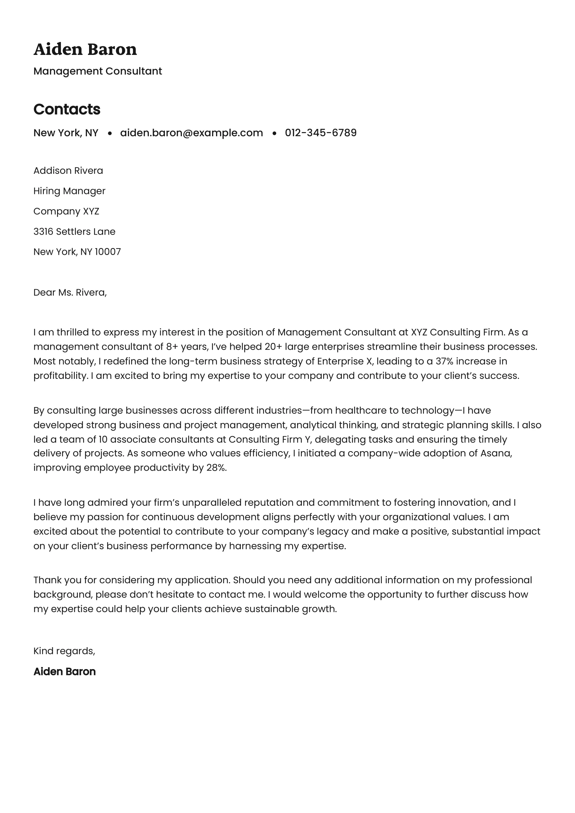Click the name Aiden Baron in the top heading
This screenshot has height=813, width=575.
click(85, 49)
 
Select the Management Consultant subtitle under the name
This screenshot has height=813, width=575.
click(97, 71)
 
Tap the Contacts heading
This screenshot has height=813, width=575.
click(66, 109)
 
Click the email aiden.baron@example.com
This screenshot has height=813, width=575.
click(191, 133)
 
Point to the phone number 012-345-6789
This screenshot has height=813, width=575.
click(320, 133)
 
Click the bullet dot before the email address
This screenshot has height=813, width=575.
click(110, 133)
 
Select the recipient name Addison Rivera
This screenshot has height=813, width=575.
click(68, 171)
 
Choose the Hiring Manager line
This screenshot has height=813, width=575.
click(69, 191)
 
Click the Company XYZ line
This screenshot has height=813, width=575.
click(66, 211)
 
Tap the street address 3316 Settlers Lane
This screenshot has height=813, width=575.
click(74, 231)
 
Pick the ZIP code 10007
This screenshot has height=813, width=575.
click(108, 252)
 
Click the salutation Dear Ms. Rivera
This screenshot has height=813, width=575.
click(70, 292)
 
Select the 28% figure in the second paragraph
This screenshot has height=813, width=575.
click(216, 468)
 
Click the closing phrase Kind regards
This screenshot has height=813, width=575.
click(64, 651)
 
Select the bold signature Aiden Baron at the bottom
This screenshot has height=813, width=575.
click(64, 672)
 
